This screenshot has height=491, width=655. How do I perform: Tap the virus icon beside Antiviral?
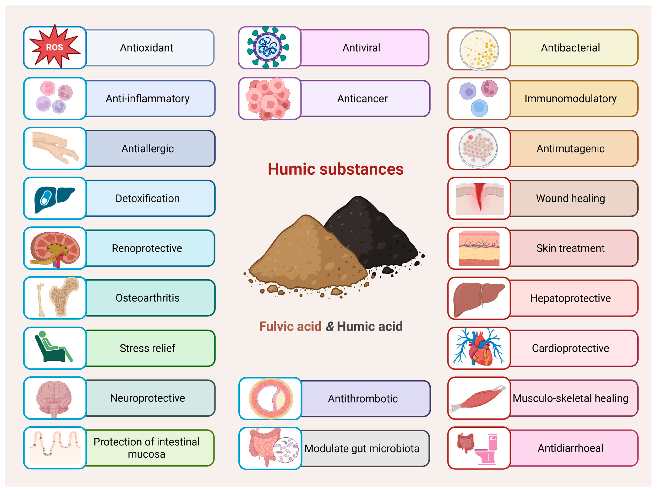pyautogui.click(x=268, y=47)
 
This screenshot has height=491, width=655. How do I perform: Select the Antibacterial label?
pyautogui.click(x=570, y=48)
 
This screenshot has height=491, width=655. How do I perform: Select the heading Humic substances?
pyautogui.click(x=336, y=169)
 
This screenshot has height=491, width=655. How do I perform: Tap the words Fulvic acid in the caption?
pyautogui.click(x=290, y=326)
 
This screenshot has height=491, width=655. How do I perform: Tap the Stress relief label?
pyautogui.click(x=147, y=348)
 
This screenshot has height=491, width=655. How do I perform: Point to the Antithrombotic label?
pyautogui.click(x=363, y=399)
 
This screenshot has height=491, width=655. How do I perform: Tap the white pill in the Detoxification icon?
pyautogui.click(x=46, y=198)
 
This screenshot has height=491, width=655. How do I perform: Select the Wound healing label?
pyautogui.click(x=570, y=198)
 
